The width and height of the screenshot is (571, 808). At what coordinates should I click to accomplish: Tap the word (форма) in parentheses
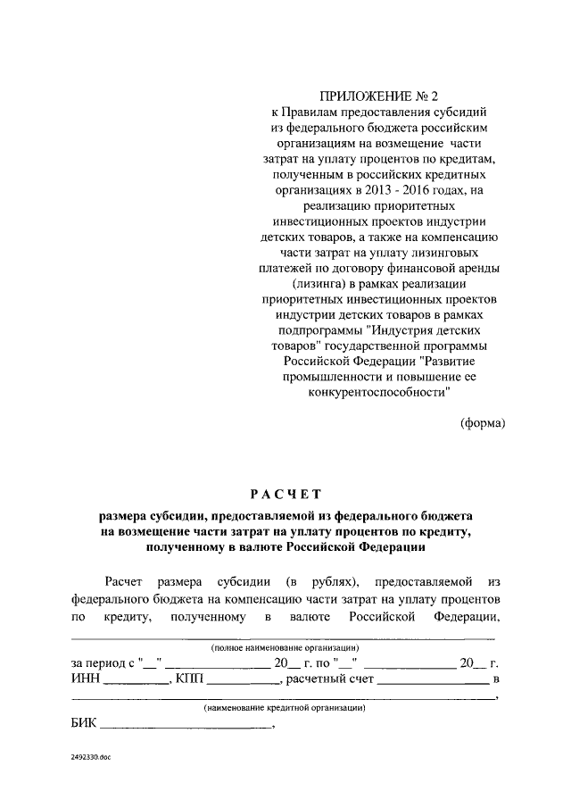click(x=483, y=422)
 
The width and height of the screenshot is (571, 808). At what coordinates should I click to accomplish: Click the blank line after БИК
click(x=187, y=729)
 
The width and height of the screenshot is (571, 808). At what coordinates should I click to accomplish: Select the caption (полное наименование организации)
click(x=285, y=646)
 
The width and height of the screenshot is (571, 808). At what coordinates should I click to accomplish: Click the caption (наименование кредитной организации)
click(x=285, y=707)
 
